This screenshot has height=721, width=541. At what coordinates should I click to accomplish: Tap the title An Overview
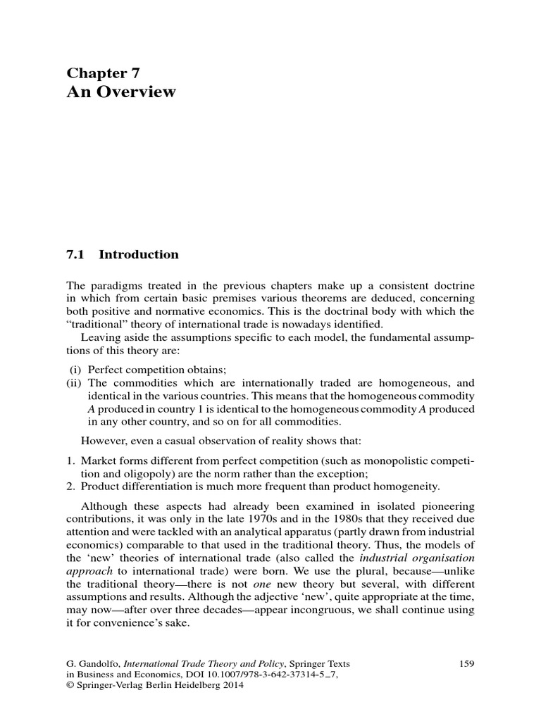(x=121, y=92)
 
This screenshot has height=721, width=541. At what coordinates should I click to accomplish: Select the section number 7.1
(x=75, y=255)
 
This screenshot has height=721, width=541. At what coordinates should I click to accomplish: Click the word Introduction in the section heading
(x=139, y=255)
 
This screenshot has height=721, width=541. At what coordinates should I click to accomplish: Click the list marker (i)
(x=75, y=370)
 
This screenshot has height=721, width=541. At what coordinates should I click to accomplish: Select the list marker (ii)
(x=74, y=383)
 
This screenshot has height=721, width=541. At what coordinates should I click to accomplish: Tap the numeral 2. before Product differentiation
(x=70, y=486)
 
